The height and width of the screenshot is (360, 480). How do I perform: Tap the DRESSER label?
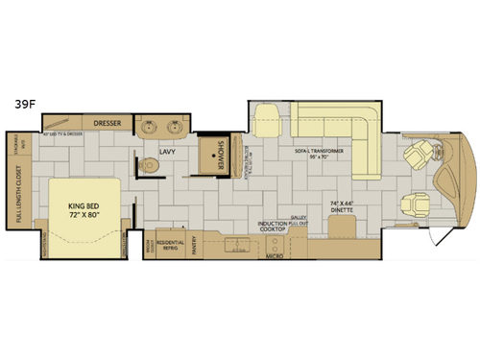107,123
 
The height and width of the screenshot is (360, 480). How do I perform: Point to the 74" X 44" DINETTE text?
344,207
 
